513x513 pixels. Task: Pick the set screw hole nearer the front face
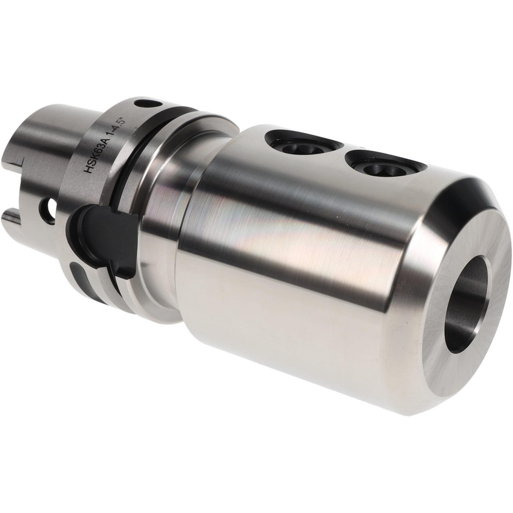tap(376, 167)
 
